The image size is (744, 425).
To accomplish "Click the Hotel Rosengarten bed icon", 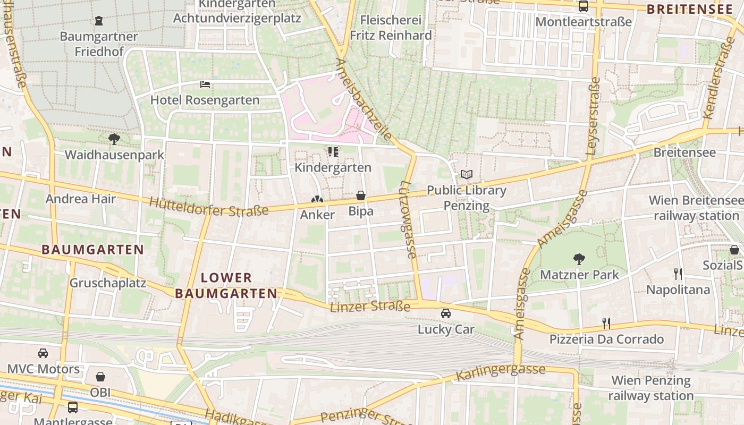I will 205,84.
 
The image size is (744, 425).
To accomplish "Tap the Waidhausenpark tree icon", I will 114,139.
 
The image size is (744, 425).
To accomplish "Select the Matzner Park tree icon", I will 579,259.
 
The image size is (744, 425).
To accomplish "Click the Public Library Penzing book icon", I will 467,174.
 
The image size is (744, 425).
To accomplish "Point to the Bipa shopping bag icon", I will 361,196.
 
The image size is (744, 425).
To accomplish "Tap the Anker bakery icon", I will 317,200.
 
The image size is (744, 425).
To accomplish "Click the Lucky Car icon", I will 446,313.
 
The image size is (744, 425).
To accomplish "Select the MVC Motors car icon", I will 43,353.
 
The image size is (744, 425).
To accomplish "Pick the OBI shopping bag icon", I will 100,377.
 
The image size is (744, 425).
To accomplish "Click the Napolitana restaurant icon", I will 678,274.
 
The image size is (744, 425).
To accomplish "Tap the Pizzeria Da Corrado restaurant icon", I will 606,323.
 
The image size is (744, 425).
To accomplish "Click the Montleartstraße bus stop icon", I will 584,7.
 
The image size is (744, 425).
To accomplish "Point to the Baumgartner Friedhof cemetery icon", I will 99,21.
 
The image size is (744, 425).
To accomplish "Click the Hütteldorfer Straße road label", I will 208,207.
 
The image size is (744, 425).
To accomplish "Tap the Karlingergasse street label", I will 501,372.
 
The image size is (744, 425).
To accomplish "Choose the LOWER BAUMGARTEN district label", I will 226,285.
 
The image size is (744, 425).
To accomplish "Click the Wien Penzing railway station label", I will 651,388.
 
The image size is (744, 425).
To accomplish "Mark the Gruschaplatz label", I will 108,283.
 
